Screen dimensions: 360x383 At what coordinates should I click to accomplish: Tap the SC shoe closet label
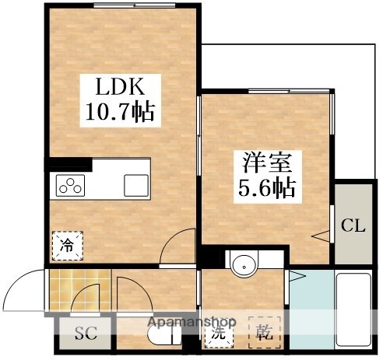[x=85, y=336]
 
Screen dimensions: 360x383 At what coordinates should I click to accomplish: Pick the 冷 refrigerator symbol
[x=67, y=245]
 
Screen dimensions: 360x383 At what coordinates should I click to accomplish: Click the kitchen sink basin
[x=136, y=185]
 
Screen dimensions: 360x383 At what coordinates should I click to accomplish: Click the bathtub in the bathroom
[x=354, y=311]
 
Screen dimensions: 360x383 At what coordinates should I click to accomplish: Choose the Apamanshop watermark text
[x=192, y=322]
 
